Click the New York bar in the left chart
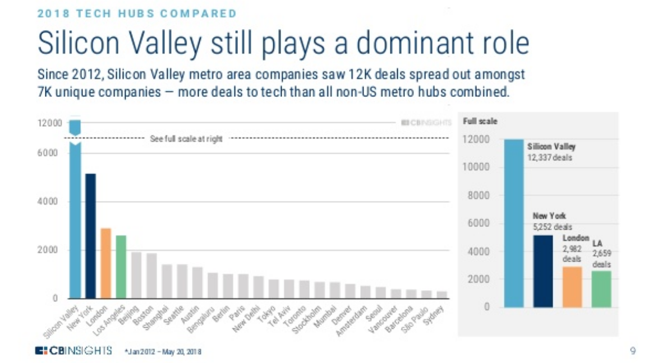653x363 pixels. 90,236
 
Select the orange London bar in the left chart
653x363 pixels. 105,263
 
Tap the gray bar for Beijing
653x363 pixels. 136,275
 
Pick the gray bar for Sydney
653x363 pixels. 442,295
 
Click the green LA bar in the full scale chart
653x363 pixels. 601,289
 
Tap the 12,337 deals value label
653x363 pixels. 549,157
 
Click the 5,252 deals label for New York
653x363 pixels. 553,227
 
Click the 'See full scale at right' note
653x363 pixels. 186,139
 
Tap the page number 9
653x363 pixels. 633,351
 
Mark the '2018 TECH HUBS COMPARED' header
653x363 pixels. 136,13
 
